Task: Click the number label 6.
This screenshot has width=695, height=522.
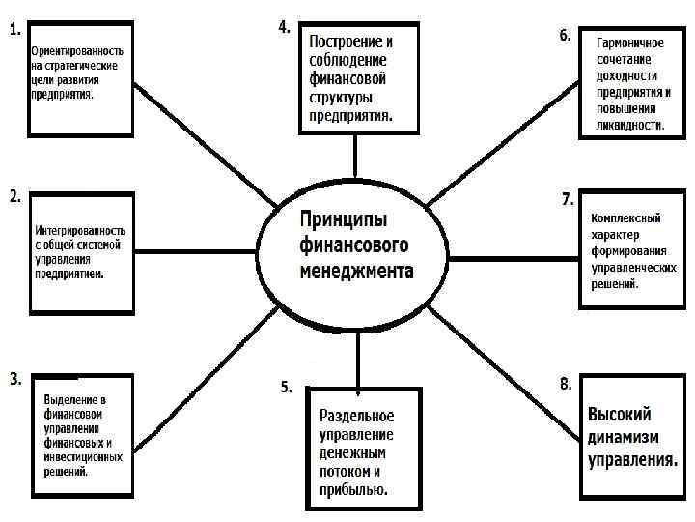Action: (565, 36)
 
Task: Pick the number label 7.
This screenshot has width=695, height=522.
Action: (568, 199)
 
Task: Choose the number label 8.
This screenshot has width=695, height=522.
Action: (566, 385)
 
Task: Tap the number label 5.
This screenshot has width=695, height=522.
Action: (286, 387)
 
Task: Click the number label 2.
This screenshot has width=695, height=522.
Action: (15, 196)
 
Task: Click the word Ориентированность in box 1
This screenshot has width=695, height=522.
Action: (76, 48)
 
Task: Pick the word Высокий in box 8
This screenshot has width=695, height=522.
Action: (620, 414)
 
